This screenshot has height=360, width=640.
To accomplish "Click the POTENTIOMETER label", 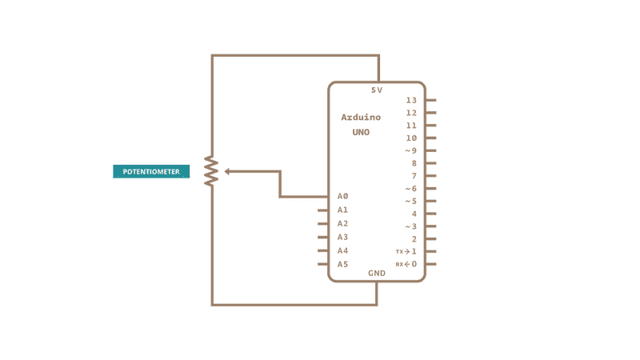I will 151,171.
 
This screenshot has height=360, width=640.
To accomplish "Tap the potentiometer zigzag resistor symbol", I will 211,171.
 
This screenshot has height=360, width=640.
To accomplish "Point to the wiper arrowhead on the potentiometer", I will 228,171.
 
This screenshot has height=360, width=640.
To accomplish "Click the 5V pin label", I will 377,90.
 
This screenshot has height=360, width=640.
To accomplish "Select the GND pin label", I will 377,273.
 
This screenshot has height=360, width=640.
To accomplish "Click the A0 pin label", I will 342,196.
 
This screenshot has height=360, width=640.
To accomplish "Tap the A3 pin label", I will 342,237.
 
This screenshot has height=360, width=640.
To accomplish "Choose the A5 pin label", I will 342,264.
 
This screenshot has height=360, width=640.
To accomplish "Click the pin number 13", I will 411,101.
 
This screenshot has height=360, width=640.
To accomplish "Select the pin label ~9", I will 410,150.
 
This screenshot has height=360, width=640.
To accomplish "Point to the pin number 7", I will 414,176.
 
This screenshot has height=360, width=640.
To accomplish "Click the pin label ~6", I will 410,189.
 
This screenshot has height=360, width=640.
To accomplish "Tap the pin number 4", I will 414,214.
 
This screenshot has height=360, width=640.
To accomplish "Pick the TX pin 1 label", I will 406,251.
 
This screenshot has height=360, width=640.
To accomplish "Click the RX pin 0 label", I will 406,264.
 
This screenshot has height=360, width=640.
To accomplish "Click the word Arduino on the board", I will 361,118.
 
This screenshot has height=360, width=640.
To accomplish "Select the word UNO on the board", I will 361,132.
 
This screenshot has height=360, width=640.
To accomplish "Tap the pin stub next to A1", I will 323,210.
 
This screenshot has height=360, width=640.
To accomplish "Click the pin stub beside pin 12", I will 430,113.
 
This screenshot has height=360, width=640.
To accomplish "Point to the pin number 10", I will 411,138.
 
